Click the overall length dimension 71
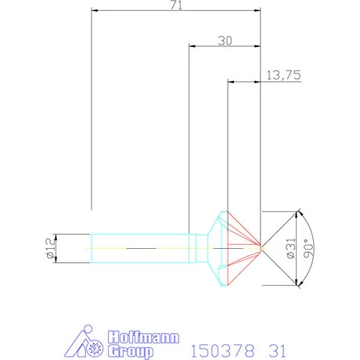pos(176,5)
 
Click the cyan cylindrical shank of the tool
pos(141,247)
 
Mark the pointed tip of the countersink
pos(260,248)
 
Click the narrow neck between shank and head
pos(200,247)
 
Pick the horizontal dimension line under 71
pos(176,11)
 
